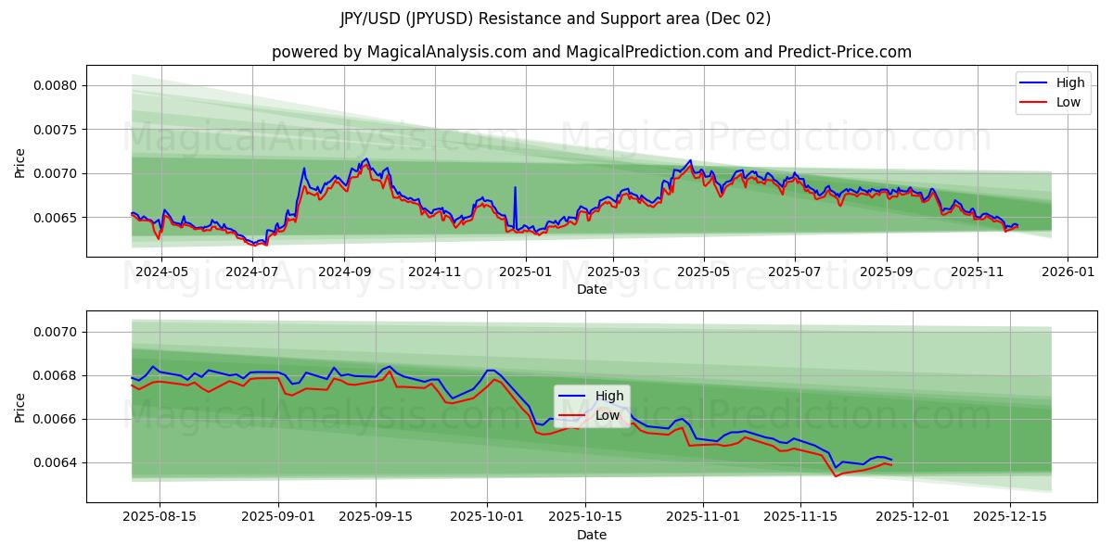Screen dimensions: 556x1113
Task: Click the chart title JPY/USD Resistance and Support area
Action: click(x=556, y=19)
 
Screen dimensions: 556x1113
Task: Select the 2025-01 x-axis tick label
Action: click(x=526, y=272)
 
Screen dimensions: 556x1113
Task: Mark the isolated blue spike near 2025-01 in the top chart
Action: click(x=516, y=188)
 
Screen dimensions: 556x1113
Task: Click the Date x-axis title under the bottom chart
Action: click(x=591, y=535)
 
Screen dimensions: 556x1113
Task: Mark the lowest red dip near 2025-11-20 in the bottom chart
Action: click(x=836, y=476)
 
